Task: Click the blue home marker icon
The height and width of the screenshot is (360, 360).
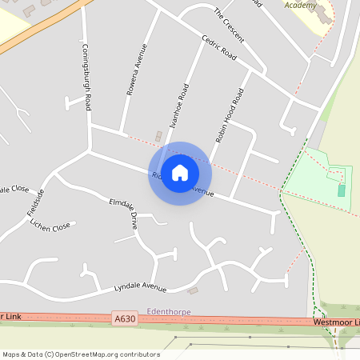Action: coord(180,173)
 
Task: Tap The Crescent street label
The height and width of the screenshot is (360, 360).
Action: coord(229,26)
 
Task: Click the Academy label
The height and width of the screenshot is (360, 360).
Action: coord(300,5)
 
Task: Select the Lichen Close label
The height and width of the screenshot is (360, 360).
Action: coord(50,227)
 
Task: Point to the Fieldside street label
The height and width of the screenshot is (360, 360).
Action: coord(34,201)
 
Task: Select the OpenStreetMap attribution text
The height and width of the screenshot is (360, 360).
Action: coord(70,354)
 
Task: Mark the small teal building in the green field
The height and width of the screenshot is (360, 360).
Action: coord(342,190)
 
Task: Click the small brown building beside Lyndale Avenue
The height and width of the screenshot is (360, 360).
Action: coord(193,290)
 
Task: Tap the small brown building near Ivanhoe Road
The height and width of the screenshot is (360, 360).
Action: coord(158,136)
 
